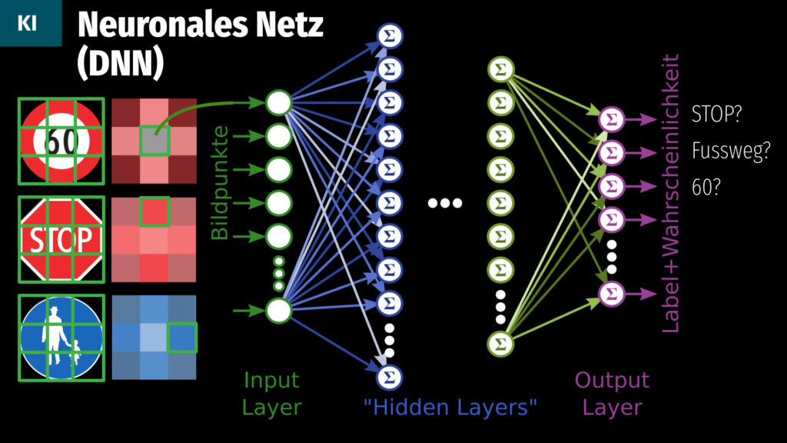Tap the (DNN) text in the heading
120,65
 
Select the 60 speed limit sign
61,142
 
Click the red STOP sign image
61,239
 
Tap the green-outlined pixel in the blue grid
183,337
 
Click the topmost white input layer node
279,103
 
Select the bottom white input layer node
279,311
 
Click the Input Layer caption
271,394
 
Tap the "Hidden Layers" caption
450,406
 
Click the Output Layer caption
612,394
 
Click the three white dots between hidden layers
445,204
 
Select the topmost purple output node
612,120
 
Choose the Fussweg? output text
731,151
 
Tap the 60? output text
706,187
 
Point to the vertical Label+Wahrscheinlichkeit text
671,192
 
